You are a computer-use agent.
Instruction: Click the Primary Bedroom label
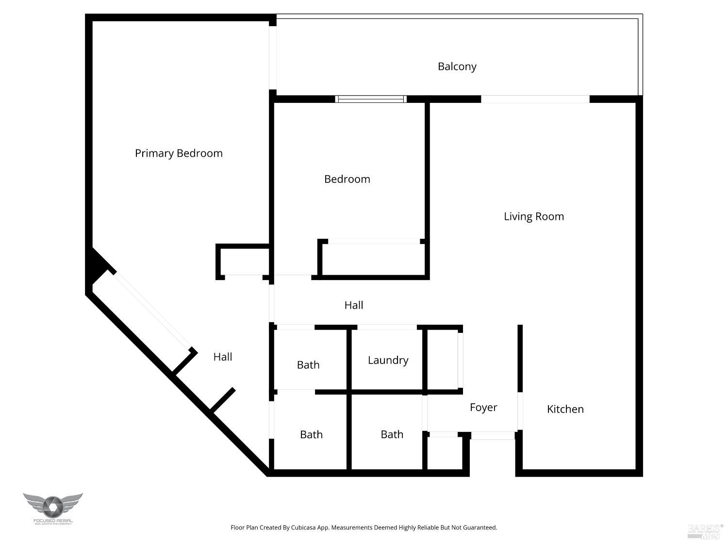coord(179,153)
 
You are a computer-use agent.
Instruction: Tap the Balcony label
coord(457,66)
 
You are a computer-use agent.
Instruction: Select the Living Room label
coord(533,216)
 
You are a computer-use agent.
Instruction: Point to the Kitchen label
coord(565,409)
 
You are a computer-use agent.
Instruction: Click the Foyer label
coord(483,407)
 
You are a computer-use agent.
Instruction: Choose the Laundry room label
coord(388,360)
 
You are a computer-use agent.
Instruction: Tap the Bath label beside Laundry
coord(308,365)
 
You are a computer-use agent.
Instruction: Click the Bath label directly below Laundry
coord(392,434)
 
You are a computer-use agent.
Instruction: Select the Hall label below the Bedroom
coord(353,305)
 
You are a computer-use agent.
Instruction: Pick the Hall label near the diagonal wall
coord(223,357)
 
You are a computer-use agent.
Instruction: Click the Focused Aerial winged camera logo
coord(52,508)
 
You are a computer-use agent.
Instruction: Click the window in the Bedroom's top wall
coord(371,99)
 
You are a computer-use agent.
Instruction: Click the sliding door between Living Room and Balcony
coord(535,99)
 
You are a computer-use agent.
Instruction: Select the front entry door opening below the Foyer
coord(493,436)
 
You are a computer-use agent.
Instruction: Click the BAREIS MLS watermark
coord(705,531)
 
